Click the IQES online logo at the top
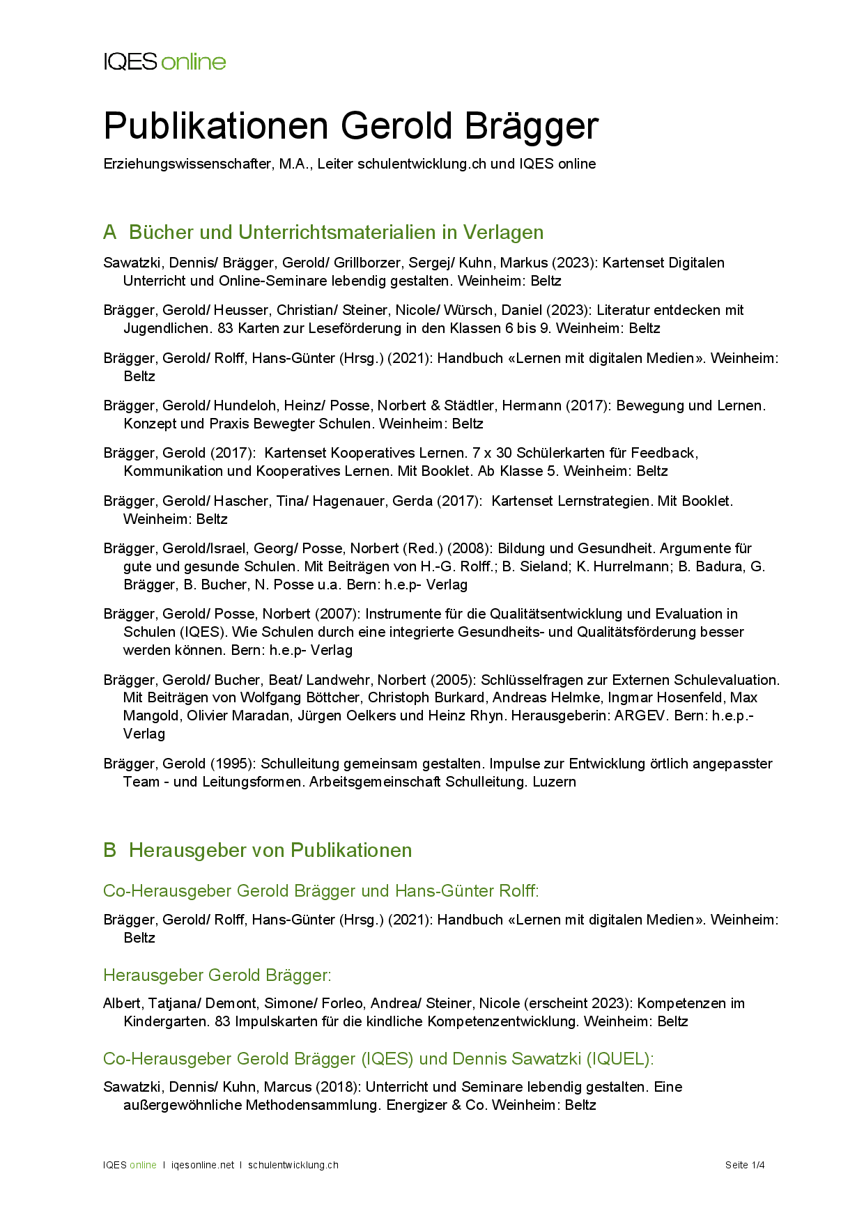pyautogui.click(x=164, y=62)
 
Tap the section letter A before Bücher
pyautogui.click(x=109, y=233)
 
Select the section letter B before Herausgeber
pyautogui.click(x=109, y=851)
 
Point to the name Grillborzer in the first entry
pyautogui.click(x=368, y=263)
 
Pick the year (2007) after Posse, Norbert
pyautogui.click(x=337, y=614)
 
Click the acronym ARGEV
pyautogui.click(x=639, y=716)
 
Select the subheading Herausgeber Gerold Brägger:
pyautogui.click(x=217, y=975)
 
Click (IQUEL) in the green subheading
pyautogui.click(x=619, y=1059)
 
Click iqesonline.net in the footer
pyautogui.click(x=203, y=1165)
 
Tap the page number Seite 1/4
pyautogui.click(x=745, y=1165)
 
